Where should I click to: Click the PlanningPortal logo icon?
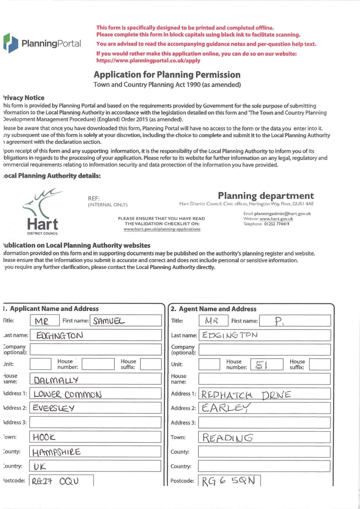click(x=11, y=43)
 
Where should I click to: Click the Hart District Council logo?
click(x=43, y=212)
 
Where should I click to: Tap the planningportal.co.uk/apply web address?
click(x=148, y=61)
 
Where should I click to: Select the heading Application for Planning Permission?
click(x=167, y=75)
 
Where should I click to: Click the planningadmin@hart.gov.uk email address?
click(x=282, y=214)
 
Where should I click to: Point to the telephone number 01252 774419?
click(x=276, y=224)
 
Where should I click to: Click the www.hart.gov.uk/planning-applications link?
click(x=162, y=229)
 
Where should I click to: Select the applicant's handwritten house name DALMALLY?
click(x=56, y=380)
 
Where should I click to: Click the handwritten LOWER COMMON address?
click(x=67, y=394)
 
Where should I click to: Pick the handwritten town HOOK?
click(x=44, y=437)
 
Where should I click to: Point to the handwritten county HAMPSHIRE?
click(x=56, y=452)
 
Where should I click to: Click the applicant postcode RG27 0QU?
click(x=55, y=481)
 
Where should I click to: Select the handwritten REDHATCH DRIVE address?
click(x=246, y=395)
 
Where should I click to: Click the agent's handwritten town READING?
click(x=227, y=437)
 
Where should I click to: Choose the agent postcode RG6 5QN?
click(x=228, y=481)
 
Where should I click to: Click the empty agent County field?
click(x=264, y=452)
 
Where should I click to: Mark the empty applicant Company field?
click(x=95, y=349)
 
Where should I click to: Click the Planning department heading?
click(x=266, y=195)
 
